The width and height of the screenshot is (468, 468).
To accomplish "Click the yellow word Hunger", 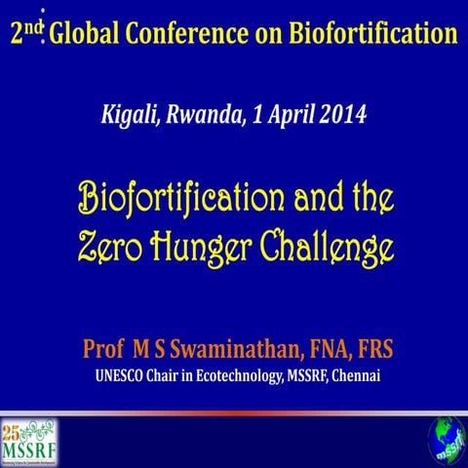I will [x=197, y=249].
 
